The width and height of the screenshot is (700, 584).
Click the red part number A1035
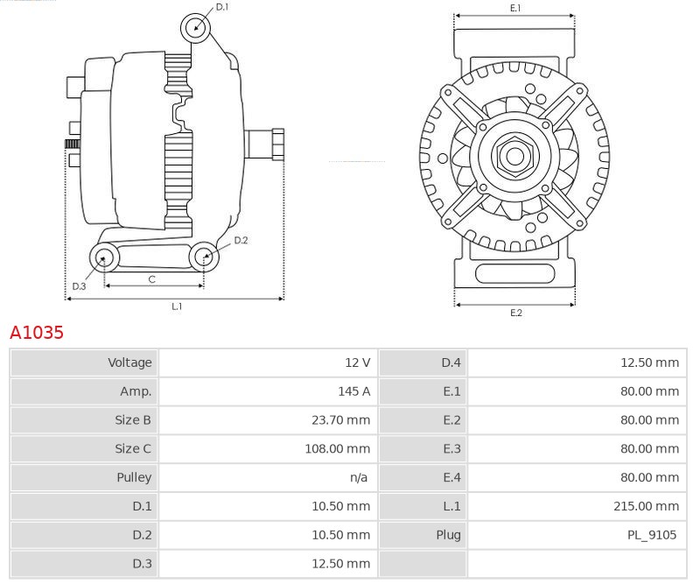(37, 333)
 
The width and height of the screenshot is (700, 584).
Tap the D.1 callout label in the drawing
(222, 7)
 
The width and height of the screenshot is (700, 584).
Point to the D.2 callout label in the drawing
(241, 240)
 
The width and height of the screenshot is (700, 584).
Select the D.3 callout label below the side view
(79, 286)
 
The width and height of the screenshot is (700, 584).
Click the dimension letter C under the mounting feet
(151, 279)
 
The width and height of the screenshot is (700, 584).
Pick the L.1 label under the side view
(176, 306)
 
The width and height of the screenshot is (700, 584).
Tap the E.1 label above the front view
(515, 8)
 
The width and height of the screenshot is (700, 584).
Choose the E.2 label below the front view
(515, 313)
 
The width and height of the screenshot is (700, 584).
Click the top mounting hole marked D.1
(196, 27)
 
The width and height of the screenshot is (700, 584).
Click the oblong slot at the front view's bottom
(514, 274)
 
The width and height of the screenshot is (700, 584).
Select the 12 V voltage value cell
(357, 362)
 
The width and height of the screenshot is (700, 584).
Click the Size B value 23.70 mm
(340, 420)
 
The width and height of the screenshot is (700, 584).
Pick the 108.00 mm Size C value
(337, 449)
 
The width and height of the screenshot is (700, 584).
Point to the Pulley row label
(134, 478)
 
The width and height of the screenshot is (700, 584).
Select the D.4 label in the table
(451, 362)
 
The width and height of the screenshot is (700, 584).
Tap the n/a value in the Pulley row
(358, 478)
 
